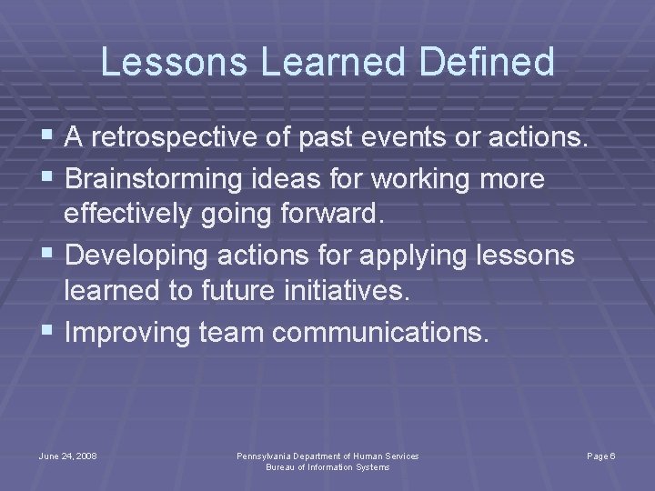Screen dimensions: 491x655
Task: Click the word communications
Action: [379, 333]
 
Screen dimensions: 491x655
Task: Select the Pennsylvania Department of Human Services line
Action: [327, 455]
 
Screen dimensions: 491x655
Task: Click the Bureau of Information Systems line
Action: [327, 466]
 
